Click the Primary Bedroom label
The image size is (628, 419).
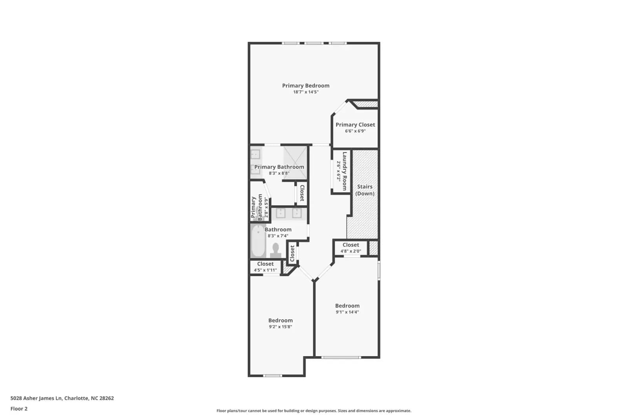(306, 86)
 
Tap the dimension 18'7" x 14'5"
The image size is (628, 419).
(306, 92)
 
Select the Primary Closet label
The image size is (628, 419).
(355, 124)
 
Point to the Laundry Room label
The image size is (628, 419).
(345, 171)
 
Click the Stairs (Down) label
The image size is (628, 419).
(365, 190)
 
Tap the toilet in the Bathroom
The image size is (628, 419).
(276, 251)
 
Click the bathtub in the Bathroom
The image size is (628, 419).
(258, 241)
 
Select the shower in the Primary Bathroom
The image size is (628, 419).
(295, 163)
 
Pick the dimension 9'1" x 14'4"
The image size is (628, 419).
(347, 312)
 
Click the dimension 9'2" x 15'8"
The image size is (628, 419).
(280, 326)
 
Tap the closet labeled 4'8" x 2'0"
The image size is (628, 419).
(351, 248)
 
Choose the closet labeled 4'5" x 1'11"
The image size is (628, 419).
(265, 267)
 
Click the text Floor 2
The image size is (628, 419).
(19, 409)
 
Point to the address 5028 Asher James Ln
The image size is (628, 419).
(36, 398)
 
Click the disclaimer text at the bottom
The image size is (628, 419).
(314, 411)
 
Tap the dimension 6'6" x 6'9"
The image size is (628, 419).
(355, 131)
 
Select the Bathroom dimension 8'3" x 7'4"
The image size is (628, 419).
(278, 236)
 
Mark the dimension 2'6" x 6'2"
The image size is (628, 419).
(339, 171)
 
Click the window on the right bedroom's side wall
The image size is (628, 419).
(379, 270)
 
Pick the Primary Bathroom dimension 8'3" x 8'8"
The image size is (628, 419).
(279, 173)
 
